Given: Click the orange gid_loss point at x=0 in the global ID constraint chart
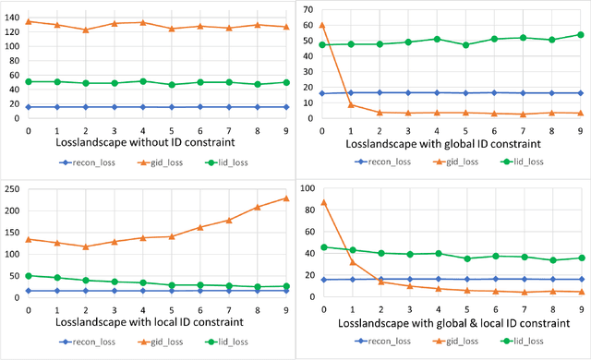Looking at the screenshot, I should pyautogui.click(x=321, y=25).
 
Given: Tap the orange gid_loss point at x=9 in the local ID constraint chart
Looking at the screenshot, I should pyautogui.click(x=285, y=198).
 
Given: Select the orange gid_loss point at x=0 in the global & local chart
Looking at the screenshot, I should pyautogui.click(x=321, y=202).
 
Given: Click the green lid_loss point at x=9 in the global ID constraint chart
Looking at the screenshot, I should pyautogui.click(x=580, y=34).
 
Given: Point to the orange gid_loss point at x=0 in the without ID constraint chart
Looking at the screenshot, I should pyautogui.click(x=29, y=21).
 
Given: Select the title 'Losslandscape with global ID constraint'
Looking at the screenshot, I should pyautogui.click(x=442, y=144).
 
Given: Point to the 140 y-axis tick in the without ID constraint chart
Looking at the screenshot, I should pyautogui.click(x=12, y=18).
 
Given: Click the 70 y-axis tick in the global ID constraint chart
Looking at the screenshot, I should pyautogui.click(x=307, y=8).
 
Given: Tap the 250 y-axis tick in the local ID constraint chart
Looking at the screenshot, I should pyautogui.click(x=12, y=189).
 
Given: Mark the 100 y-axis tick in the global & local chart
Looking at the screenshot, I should pyautogui.click(x=305, y=189).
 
